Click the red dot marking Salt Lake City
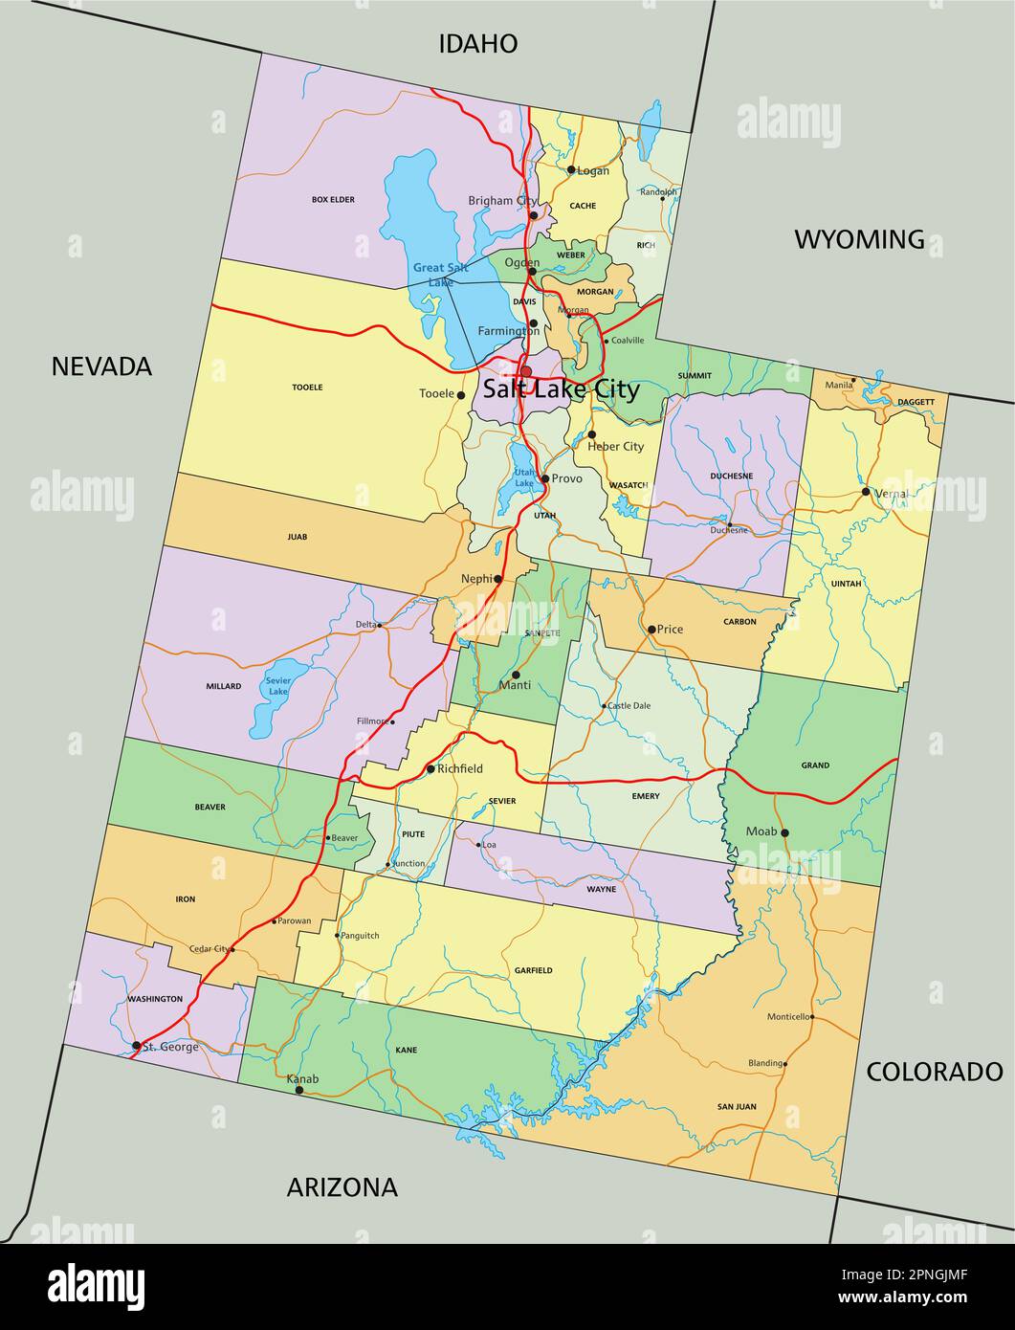pyautogui.click(x=525, y=371)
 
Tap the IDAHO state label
pyautogui.click(x=478, y=43)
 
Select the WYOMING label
pyautogui.click(x=859, y=239)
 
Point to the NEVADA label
pyautogui.click(x=101, y=366)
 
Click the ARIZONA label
pyautogui.click(x=342, y=1187)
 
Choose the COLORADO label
pyautogui.click(x=934, y=1072)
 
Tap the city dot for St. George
pyautogui.click(x=137, y=1046)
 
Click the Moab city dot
pyautogui.click(x=784, y=832)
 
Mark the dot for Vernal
pyautogui.click(x=866, y=492)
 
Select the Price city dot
pyautogui.click(x=651, y=630)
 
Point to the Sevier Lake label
pyautogui.click(x=277, y=685)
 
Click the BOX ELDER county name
pyautogui.click(x=333, y=200)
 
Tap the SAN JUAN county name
pyautogui.click(x=737, y=1107)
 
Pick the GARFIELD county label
pyautogui.click(x=533, y=970)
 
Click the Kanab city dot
pyautogui.click(x=299, y=1090)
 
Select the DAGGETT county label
pyautogui.click(x=916, y=402)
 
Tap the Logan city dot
pyautogui.click(x=571, y=170)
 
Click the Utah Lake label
pyautogui.click(x=524, y=477)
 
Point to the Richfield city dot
pyautogui.click(x=430, y=768)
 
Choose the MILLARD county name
pyautogui.click(x=223, y=686)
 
